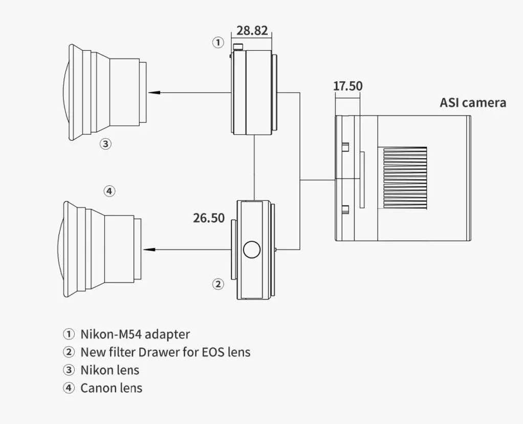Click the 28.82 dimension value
tap(252, 30)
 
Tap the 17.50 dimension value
tap(347, 86)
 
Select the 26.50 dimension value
tap(209, 218)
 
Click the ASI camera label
tap(473, 102)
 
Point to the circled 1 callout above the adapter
tap(218, 43)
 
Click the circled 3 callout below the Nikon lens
tap(105, 144)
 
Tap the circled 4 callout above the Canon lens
tap(110, 192)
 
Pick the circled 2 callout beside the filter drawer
tap(218, 284)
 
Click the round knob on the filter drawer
tap(252, 249)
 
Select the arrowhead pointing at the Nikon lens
tap(153, 92)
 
